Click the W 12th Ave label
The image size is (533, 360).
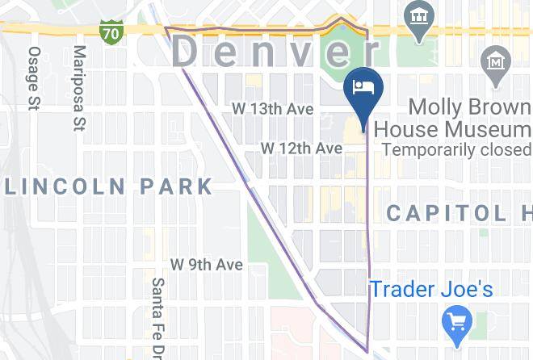click(x=301, y=149)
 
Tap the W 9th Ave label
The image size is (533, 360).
click(x=206, y=265)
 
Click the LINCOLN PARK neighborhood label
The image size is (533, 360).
click(x=108, y=186)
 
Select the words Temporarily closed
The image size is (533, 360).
click(x=456, y=149)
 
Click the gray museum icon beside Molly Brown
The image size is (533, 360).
click(x=494, y=61)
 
